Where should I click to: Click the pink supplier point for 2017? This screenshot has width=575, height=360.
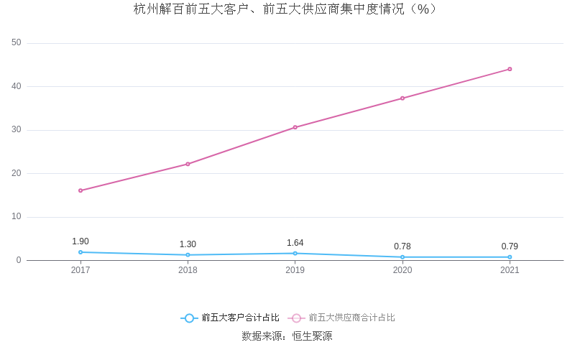point(80,190)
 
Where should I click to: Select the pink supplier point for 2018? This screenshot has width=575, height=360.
point(188,164)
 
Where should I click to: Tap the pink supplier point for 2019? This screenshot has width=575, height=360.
point(295,127)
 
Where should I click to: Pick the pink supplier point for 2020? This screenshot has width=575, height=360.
point(402,98)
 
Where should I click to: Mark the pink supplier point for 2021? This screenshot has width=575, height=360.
point(510,69)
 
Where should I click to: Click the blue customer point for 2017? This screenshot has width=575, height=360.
point(80,252)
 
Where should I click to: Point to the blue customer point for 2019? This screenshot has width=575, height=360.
point(295,253)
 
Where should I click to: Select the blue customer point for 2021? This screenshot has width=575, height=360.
point(510,257)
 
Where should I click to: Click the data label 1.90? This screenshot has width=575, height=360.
point(80,241)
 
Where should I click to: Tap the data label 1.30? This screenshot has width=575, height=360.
point(188,244)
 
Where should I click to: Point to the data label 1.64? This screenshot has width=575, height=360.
point(295,243)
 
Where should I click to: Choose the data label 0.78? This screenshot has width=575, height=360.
point(402,246)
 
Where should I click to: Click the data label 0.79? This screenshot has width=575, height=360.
point(510,246)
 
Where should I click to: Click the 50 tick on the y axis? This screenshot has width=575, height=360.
point(17,43)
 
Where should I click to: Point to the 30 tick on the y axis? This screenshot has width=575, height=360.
point(17,130)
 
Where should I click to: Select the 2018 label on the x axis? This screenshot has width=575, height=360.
point(188,270)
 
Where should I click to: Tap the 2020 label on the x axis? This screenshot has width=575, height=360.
point(402,270)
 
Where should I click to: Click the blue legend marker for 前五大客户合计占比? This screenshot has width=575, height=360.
point(189,318)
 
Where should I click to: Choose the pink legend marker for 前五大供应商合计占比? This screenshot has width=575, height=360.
point(296,318)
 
